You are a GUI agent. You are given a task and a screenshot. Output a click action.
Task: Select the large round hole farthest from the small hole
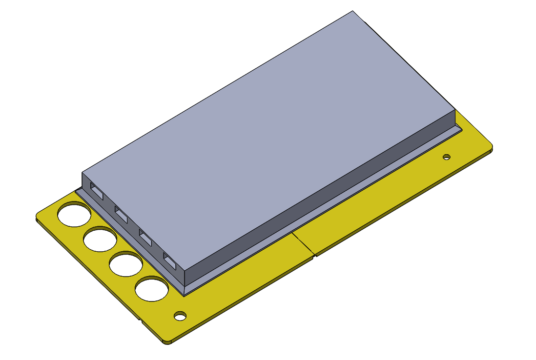[x=74, y=215]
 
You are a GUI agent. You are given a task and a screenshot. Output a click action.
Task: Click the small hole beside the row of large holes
[x=181, y=316]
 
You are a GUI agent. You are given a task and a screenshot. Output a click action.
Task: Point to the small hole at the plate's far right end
[x=446, y=157]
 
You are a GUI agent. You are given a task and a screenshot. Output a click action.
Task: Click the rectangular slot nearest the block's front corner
[x=169, y=262]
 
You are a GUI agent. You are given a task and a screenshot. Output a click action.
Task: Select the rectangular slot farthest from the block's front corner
[x=97, y=192]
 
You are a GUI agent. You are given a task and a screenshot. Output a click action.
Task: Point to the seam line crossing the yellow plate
[x=303, y=244]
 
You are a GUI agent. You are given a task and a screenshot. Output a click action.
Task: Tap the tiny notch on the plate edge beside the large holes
[x=140, y=320]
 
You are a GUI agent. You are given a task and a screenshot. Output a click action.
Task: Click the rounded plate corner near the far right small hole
[x=489, y=146]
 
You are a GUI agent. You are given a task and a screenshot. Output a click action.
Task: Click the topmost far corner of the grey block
[x=352, y=11]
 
